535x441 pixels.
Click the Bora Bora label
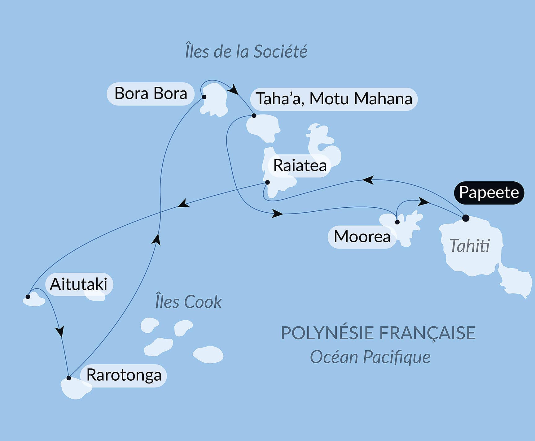(x=151, y=93)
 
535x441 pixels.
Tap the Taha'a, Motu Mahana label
(x=334, y=99)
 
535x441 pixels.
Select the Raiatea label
(x=300, y=166)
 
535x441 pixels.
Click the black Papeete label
(x=489, y=192)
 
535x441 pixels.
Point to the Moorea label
(x=362, y=237)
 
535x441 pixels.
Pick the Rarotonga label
(x=124, y=375)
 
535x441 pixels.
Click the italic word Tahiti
(x=469, y=246)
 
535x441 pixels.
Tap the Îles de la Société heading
(x=246, y=51)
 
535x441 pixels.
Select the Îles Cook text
(x=188, y=302)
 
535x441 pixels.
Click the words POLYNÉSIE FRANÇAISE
(x=378, y=333)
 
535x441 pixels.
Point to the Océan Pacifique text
(x=370, y=357)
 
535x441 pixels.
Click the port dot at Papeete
(x=466, y=218)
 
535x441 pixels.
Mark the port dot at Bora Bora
(x=204, y=97)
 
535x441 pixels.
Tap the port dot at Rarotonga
(x=69, y=378)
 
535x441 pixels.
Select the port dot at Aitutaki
(x=28, y=297)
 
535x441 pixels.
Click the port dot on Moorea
(x=397, y=222)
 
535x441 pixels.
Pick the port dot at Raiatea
(x=268, y=183)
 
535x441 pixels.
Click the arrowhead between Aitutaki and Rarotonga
(x=60, y=331)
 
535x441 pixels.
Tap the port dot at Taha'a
(x=254, y=116)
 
